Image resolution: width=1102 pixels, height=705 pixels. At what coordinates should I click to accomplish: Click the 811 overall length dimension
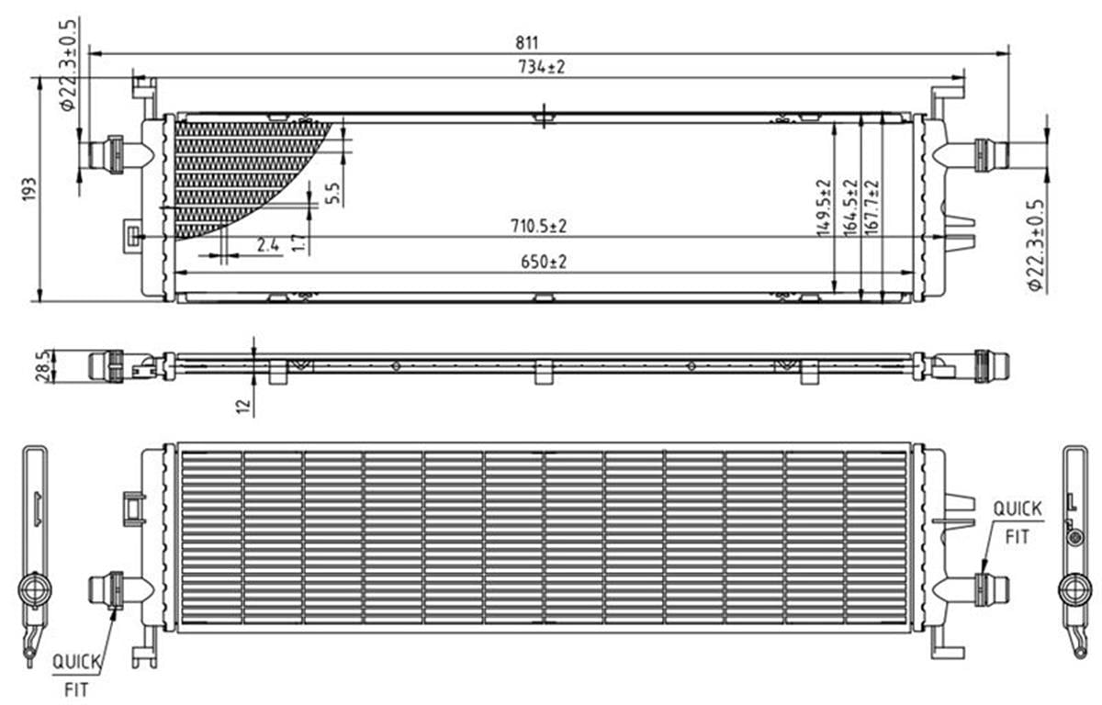coord(526,43)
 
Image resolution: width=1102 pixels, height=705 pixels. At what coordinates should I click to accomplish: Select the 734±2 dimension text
coord(542,66)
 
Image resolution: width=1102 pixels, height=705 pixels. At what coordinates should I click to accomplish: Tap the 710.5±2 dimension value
coord(539,226)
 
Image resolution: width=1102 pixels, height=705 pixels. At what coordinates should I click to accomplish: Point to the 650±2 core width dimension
coord(544,262)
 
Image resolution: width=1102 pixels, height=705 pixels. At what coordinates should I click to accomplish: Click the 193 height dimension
coord(29,189)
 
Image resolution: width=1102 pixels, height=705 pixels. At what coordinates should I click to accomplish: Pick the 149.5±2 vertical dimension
coord(824,207)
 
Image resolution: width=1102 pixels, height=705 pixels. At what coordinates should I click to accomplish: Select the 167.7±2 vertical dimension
coord(871,207)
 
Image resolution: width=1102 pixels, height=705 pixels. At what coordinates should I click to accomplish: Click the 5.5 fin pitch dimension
coord(333,193)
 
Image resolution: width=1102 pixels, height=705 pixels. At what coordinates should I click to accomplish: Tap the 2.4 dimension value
coord(267,245)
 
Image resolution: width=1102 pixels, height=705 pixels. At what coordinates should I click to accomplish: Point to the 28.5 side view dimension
coord(43,365)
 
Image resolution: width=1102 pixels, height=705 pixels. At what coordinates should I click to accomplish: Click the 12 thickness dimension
coord(243,406)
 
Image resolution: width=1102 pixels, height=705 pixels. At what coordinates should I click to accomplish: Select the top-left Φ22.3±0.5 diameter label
coord(68,65)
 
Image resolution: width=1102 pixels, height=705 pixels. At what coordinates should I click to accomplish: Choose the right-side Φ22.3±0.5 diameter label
coord(1035,245)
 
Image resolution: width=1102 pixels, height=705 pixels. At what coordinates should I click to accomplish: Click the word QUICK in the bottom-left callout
coord(77,662)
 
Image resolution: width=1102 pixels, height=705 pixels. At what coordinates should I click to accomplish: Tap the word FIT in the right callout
coord(1017,537)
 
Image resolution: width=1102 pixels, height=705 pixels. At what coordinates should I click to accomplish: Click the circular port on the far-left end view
coord(35,589)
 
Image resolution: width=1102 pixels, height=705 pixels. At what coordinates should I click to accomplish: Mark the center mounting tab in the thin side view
coord(543,372)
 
